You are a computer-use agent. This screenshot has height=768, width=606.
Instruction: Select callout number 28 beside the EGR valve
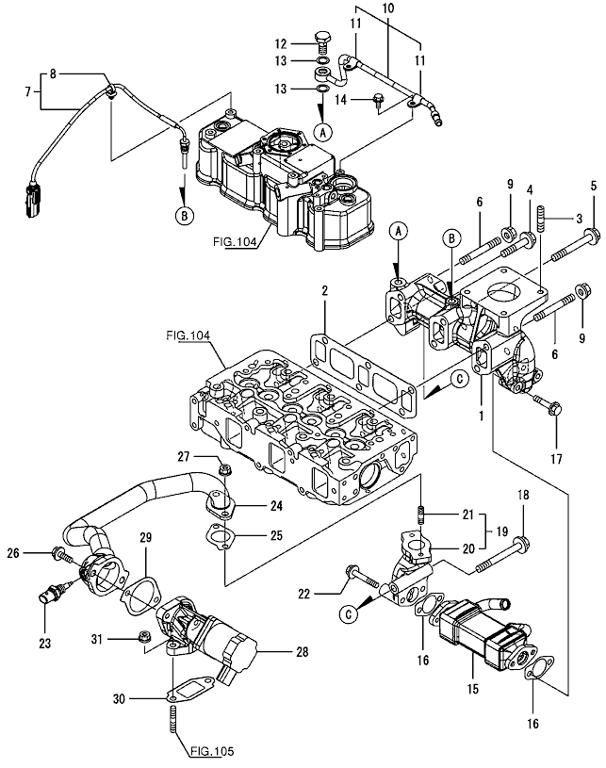point(302,651)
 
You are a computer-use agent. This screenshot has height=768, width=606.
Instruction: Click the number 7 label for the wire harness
point(25,91)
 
